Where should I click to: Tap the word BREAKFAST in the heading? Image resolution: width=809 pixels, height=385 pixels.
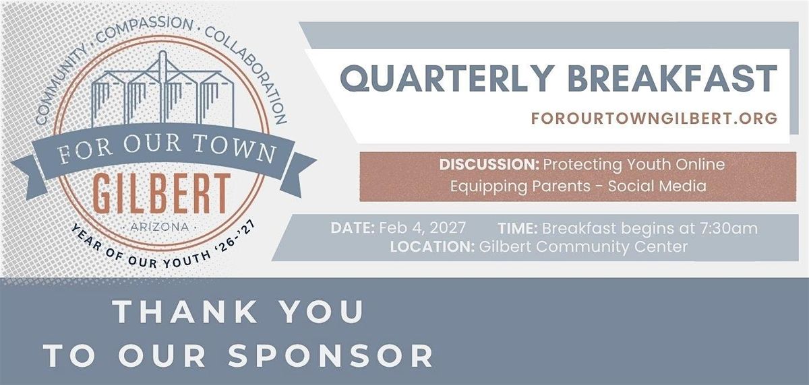673,78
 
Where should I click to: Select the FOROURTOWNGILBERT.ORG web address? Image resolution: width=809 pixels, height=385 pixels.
654,118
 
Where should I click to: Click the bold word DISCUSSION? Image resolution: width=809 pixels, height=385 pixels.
489,164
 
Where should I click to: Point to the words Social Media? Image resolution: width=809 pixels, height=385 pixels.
657,186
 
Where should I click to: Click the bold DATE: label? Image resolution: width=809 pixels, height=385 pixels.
353,228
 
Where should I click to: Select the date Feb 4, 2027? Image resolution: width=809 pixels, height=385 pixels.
422,229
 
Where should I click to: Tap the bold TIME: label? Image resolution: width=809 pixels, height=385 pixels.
518,228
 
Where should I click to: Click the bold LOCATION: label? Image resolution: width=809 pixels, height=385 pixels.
432,247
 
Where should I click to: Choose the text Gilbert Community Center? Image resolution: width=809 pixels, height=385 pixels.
583,247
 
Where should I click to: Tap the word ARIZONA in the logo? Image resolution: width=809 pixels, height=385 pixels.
159,228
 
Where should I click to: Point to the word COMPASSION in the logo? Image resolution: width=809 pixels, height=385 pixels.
144,29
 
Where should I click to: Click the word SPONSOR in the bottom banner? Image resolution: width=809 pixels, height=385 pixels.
330,355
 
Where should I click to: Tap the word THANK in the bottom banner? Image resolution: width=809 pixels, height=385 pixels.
185,311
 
